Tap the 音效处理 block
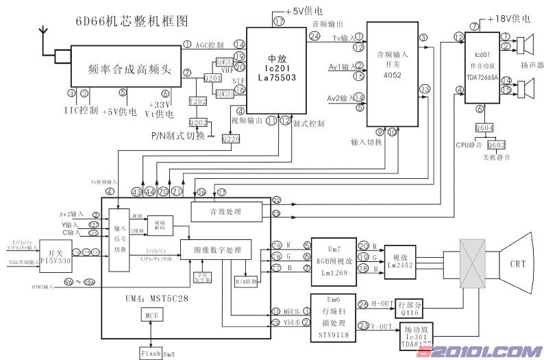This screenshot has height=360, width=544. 227,212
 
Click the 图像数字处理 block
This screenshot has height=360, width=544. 216,248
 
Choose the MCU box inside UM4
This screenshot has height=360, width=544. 151,315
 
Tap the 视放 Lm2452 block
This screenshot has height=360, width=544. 399,260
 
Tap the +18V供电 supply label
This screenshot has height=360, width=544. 509,21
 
